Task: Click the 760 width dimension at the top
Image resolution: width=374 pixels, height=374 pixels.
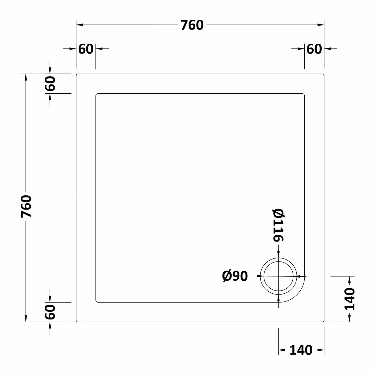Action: coord(192,25)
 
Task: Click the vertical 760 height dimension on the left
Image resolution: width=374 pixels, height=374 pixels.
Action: coord(26,206)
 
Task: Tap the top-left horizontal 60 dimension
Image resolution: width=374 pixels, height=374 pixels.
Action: coord(86,49)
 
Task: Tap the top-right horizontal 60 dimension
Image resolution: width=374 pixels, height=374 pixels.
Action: coord(314,49)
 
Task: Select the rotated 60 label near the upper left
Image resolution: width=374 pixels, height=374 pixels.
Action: coord(50,83)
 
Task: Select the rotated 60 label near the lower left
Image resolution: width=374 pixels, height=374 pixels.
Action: coord(50,312)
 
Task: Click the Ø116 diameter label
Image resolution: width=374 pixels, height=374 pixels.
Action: coord(278,225)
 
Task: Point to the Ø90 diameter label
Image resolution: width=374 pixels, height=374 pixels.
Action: coord(235,276)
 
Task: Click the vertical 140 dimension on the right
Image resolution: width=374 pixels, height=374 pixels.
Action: coord(349,299)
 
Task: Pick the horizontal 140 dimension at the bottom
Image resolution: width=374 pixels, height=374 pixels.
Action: coord(301,350)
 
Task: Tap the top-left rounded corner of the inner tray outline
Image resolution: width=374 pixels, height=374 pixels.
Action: coord(97,94)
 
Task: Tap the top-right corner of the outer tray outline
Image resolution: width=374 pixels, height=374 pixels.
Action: coord(323,75)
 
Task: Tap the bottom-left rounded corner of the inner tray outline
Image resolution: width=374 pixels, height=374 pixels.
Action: coord(97,301)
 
